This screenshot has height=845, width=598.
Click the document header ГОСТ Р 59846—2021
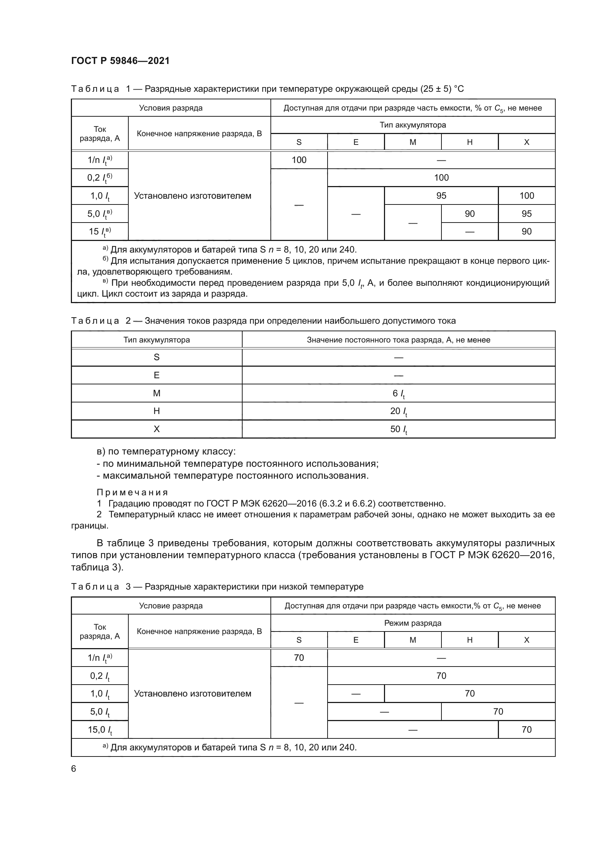pyautogui.click(x=120, y=61)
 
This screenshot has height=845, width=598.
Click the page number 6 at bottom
pyautogui.click(x=74, y=768)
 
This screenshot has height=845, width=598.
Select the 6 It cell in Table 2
pyautogui.click(x=398, y=393)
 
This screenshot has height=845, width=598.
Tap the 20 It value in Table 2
pyautogui.click(x=398, y=411)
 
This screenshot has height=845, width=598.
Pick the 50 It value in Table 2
pyautogui.click(x=398, y=429)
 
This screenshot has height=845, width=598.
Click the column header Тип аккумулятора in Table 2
pyautogui.click(x=157, y=340)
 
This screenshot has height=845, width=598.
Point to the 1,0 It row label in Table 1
pyautogui.click(x=100, y=196)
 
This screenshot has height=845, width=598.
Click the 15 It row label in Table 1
pyautogui.click(x=100, y=232)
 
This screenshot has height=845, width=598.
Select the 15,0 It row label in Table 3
pyautogui.click(x=100, y=729)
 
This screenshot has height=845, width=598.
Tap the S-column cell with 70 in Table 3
pyautogui.click(x=299, y=658)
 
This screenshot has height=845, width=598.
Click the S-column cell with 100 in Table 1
pyautogui.click(x=299, y=160)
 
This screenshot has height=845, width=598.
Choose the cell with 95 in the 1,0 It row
pyautogui.click(x=441, y=196)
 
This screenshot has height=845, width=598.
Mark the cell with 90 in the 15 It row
pyautogui.click(x=526, y=232)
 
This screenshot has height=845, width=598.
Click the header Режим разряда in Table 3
pyautogui.click(x=413, y=623)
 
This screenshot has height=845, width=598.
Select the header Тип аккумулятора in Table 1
pyautogui.click(x=413, y=125)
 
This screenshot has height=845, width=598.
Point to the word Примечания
pyautogui.click(x=132, y=492)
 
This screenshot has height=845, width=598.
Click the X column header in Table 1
pyautogui.click(x=526, y=142)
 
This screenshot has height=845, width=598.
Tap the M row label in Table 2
pyautogui.click(x=157, y=393)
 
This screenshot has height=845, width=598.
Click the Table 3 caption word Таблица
pyautogui.click(x=95, y=587)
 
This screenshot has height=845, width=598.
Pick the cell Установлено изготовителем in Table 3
pyautogui.click(x=193, y=693)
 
